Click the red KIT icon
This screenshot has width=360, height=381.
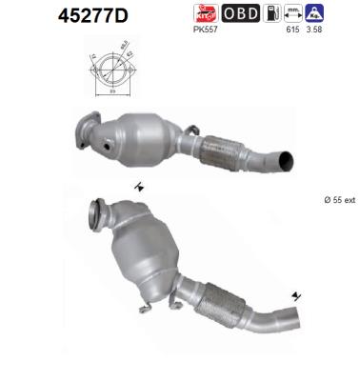click(x=206, y=13)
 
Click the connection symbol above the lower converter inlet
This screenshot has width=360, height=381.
click(x=139, y=186)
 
